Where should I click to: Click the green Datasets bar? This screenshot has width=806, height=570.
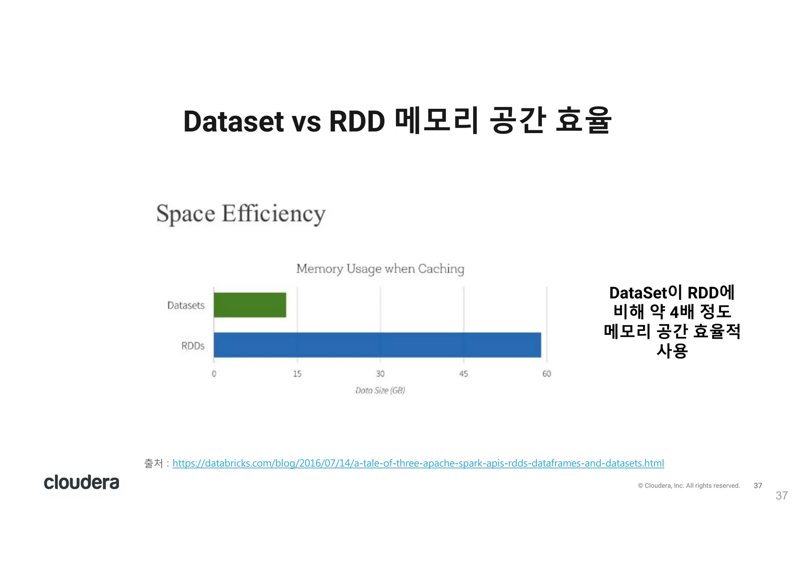[x=250, y=305]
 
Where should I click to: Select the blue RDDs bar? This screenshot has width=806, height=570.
[x=377, y=345]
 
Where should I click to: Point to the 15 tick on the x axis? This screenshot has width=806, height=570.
[x=297, y=374]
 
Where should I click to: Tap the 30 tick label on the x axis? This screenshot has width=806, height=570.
[x=380, y=374]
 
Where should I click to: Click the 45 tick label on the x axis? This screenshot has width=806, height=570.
[x=464, y=374]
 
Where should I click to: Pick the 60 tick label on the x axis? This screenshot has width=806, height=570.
[x=547, y=374]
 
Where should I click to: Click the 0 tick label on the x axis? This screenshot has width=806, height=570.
[x=214, y=374]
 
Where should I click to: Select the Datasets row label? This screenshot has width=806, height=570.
[x=186, y=305]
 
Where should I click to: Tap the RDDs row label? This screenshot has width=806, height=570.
[x=193, y=346]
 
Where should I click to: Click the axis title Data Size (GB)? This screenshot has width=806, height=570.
[x=380, y=390]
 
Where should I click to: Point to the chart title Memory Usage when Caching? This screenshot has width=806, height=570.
[x=380, y=269]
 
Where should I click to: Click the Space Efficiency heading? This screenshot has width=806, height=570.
[x=241, y=214]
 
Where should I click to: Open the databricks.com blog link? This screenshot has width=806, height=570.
[x=418, y=463]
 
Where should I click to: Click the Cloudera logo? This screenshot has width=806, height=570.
[x=81, y=483]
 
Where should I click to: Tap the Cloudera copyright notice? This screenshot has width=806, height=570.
[x=689, y=486]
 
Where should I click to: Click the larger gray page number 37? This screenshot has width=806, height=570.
[x=782, y=496]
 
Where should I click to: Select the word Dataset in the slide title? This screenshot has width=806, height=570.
[x=233, y=121]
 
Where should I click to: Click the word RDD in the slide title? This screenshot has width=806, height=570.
[x=357, y=121]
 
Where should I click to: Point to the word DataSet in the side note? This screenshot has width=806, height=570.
[x=638, y=293]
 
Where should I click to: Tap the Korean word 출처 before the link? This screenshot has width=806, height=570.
[x=153, y=463]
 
